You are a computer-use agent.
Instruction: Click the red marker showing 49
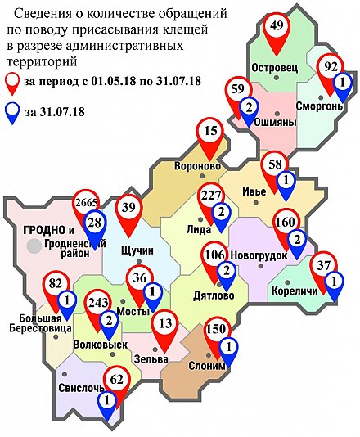(277, 27)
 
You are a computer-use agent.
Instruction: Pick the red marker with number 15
(212, 131)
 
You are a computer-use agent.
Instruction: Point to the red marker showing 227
(210, 196)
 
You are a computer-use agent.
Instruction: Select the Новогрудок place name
(259, 255)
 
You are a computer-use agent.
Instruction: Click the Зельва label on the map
(152, 359)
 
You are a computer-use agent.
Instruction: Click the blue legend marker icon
(13, 113)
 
